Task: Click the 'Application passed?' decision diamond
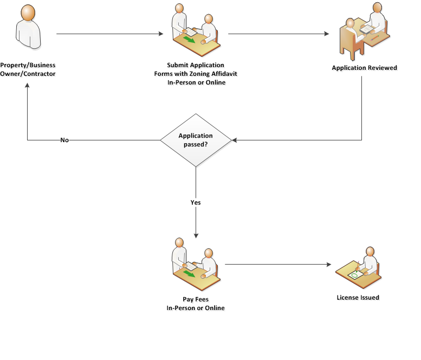pos(196,140)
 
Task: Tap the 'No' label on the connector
pos(64,140)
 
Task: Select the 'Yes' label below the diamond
pos(196,202)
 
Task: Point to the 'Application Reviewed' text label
pos(364,68)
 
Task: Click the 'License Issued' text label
pos(358,297)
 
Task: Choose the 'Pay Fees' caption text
pos(196,299)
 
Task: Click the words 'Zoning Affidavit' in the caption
pos(216,74)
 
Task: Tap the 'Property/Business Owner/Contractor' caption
pos(28,69)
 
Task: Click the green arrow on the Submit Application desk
pos(189,40)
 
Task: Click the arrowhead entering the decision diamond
pos(235,140)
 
